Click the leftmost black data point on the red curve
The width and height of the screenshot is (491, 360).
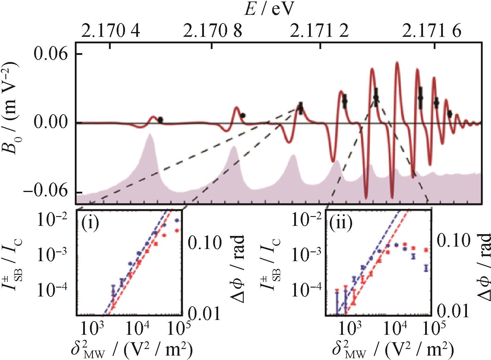[160, 120]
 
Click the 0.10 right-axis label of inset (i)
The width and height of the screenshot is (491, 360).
[205, 242]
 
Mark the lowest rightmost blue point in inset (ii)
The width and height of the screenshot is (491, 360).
[426, 268]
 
